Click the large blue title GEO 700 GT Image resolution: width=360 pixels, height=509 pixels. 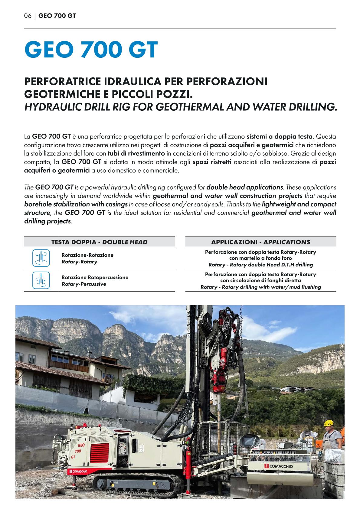[91, 50]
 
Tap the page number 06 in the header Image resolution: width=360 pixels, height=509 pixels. [28, 16]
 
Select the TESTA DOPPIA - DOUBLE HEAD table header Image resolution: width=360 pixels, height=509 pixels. [99, 242]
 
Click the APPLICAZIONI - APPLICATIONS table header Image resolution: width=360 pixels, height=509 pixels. [260, 242]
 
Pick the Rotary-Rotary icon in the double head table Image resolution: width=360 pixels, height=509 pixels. [41, 258]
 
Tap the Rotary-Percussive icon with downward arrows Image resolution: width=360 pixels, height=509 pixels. [41, 280]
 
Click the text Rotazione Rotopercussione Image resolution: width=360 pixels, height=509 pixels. [95, 277]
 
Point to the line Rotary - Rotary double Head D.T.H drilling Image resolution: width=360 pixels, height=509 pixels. [260, 265]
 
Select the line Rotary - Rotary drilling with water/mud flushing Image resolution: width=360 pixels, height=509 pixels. [260, 287]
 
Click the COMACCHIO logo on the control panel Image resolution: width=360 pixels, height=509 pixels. [278, 466]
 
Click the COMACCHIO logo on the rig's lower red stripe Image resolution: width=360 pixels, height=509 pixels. [78, 471]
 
